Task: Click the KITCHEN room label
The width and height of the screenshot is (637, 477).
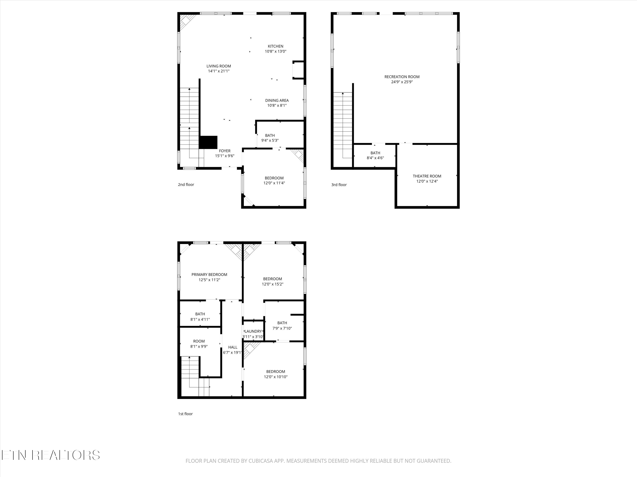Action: click(x=276, y=46)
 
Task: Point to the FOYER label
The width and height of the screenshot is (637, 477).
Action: click(x=225, y=151)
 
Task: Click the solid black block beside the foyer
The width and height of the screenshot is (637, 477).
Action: click(x=208, y=142)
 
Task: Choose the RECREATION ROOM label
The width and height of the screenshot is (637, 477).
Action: click(x=402, y=77)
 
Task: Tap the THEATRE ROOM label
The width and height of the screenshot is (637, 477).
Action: click(x=427, y=176)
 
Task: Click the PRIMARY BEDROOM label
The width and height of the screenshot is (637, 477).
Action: click(x=209, y=275)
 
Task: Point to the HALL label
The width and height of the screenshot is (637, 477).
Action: click(x=233, y=347)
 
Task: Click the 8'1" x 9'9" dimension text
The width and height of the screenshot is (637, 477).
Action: click(x=199, y=346)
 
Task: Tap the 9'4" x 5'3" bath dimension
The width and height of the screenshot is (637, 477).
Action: click(x=270, y=141)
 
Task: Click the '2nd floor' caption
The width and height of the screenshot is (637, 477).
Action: click(x=186, y=185)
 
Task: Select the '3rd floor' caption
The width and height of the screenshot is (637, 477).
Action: click(x=339, y=185)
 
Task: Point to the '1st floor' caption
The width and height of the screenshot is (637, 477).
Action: click(x=185, y=414)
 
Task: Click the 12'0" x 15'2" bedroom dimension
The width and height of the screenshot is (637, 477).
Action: click(x=272, y=284)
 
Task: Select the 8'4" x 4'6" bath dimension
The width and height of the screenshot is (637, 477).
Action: click(x=375, y=158)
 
